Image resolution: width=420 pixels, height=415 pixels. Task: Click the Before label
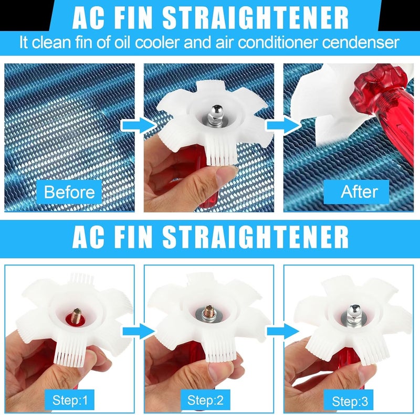point(69,192)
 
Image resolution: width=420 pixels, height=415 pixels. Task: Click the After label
point(356,191)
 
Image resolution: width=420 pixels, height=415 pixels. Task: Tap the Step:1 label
point(70,400)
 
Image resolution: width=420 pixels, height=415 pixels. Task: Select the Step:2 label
point(205,400)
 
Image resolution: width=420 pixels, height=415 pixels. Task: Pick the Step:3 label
point(350,400)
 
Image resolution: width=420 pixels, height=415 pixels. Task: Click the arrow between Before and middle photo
point(139,125)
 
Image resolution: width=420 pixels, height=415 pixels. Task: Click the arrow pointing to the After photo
point(283,125)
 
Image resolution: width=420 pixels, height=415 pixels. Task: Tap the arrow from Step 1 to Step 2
point(139,331)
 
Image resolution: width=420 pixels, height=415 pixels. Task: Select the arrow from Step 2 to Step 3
point(283,331)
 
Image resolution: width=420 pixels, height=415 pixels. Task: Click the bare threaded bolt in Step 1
point(76,315)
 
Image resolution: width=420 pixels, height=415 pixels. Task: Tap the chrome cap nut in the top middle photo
point(216,114)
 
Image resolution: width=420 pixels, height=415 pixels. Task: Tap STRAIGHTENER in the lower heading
point(256,237)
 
